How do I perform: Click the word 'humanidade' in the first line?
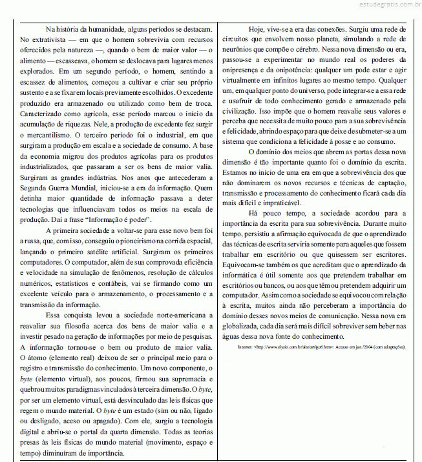coord(113,30)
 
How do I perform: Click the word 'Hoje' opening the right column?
coord(258,30)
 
